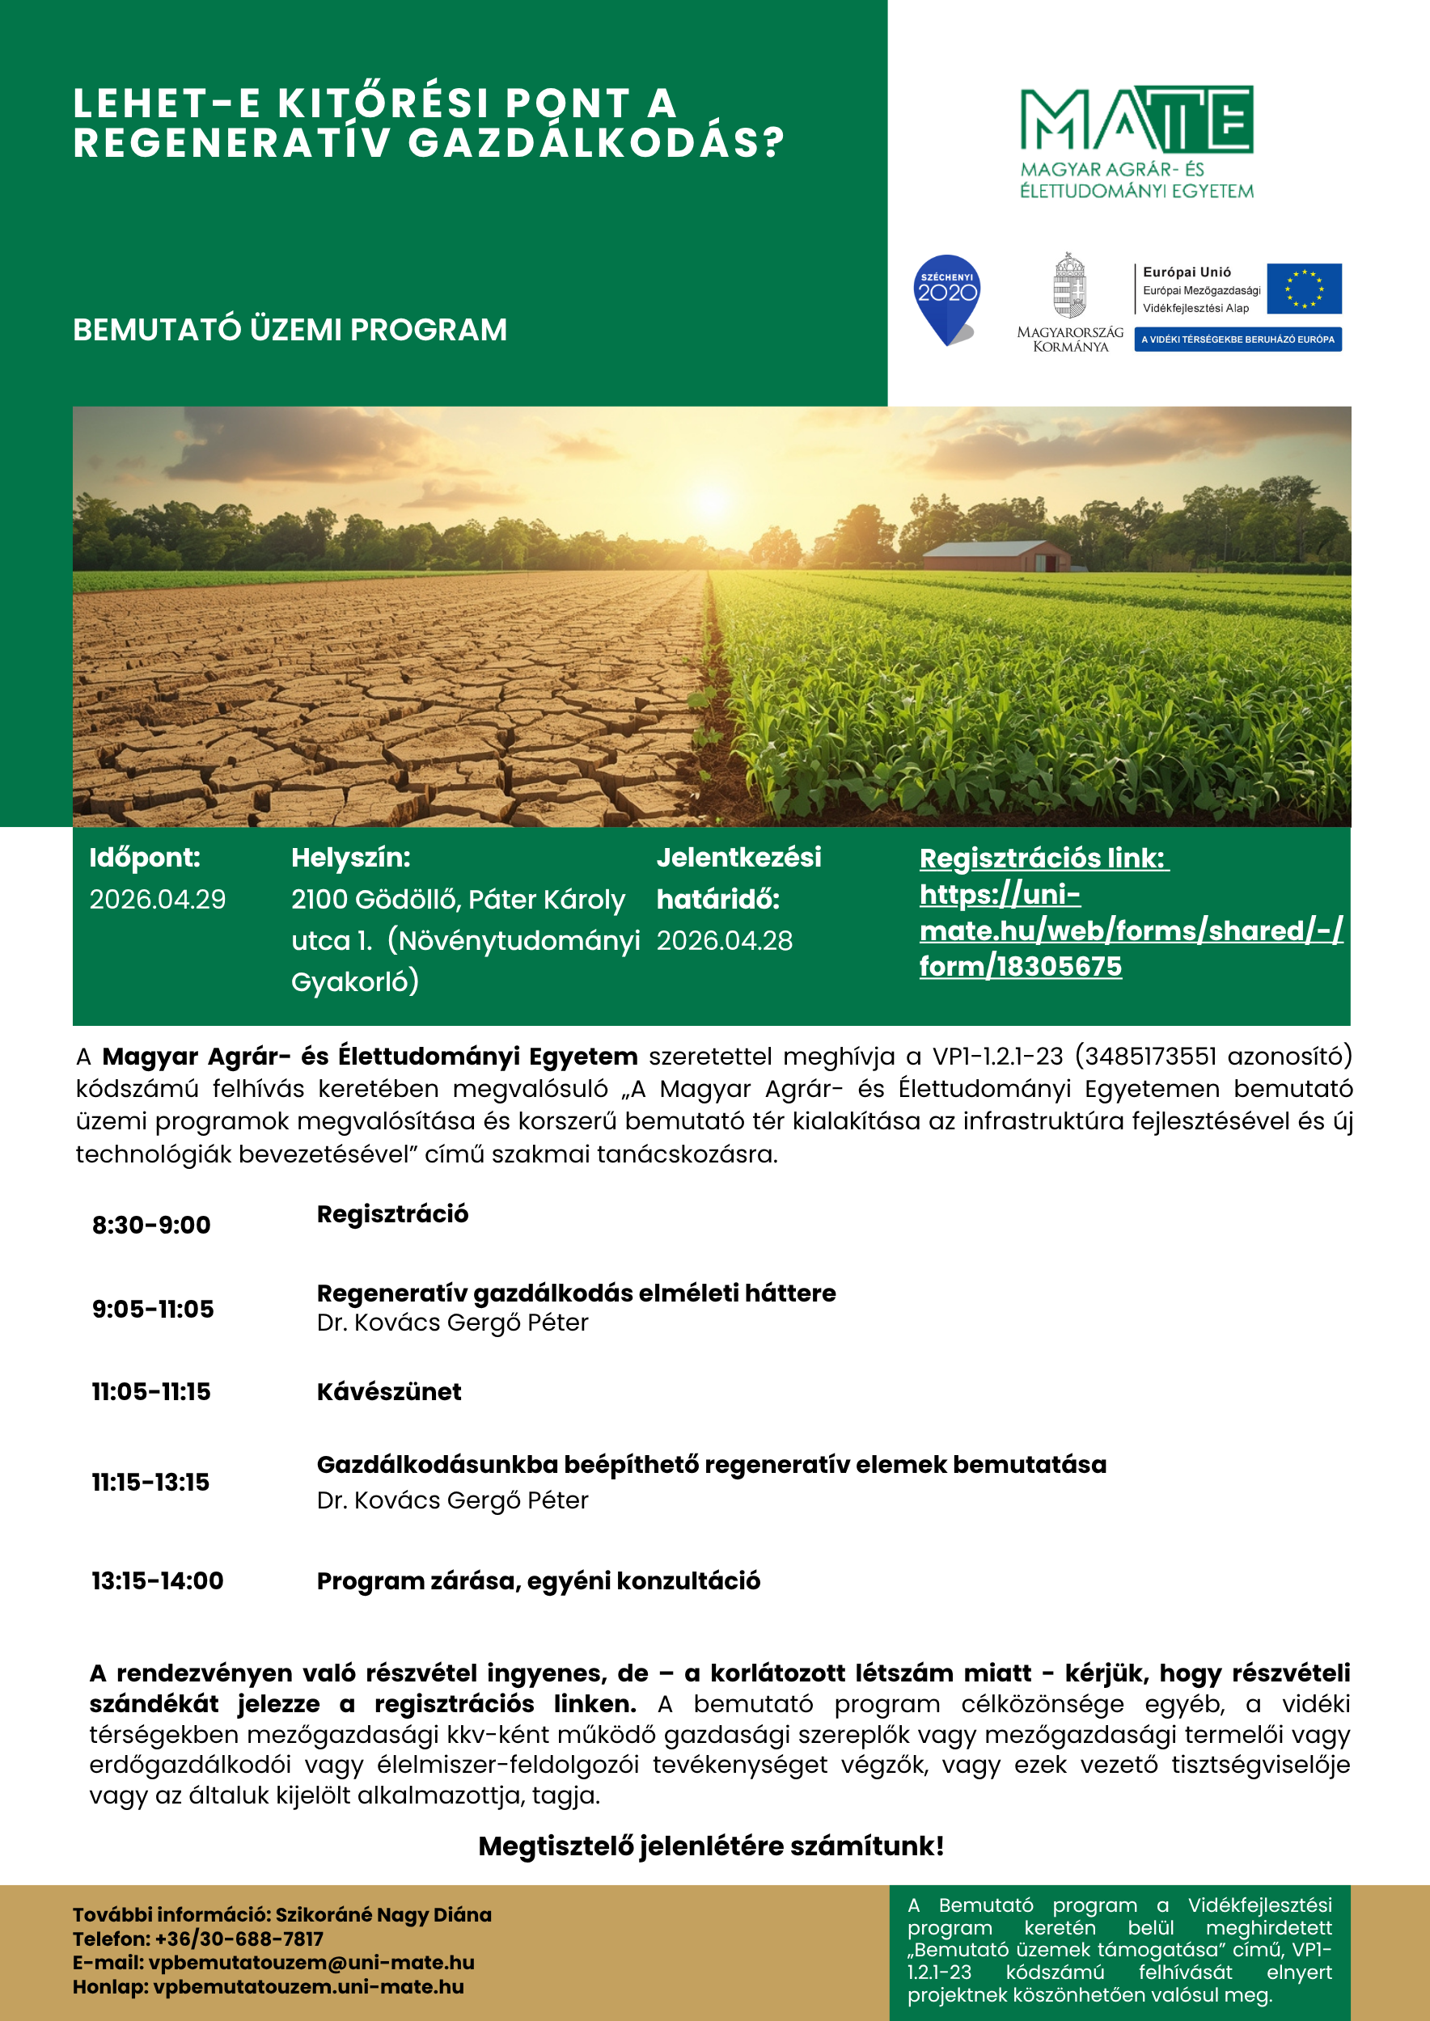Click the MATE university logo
point(1136,141)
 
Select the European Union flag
point(1304,289)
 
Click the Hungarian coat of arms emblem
point(1070,286)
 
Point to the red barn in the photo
point(1000,556)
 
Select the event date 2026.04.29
point(158,900)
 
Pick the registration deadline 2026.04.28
point(725,941)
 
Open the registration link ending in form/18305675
point(1131,930)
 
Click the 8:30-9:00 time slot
point(151,1226)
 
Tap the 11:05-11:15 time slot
point(151,1391)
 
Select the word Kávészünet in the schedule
point(389,1391)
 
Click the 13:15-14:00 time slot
point(158,1581)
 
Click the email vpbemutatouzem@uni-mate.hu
point(311,1963)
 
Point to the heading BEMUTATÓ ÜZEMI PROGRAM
point(290,330)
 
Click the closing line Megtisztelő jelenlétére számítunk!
point(712,1846)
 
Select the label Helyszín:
point(350,858)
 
